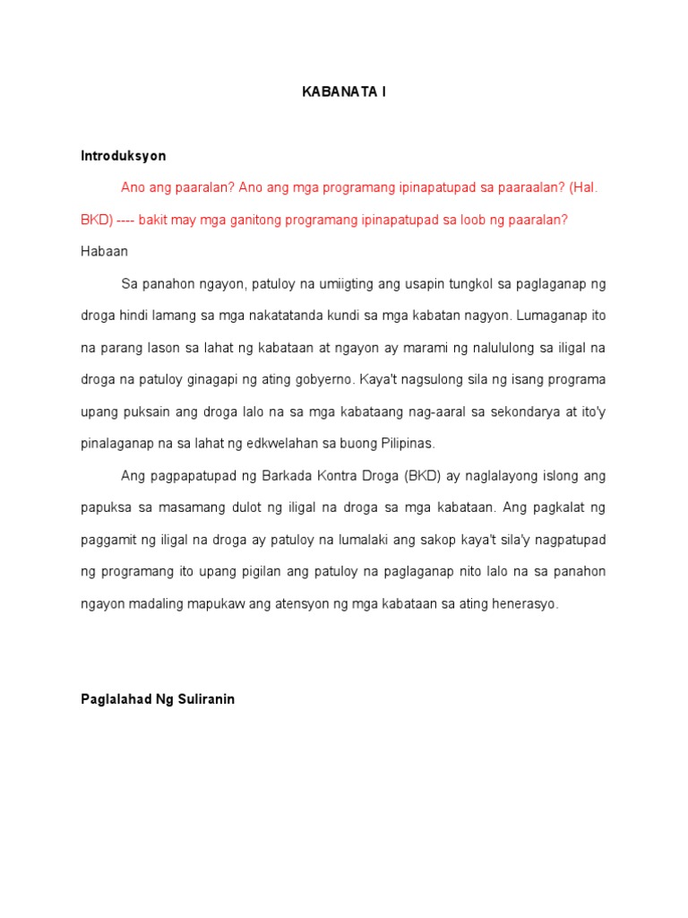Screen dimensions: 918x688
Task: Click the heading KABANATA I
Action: [x=344, y=92]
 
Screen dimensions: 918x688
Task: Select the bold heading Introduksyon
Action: [x=123, y=155]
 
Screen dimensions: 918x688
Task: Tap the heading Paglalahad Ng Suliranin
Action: [x=158, y=699]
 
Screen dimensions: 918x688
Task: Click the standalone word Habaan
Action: [x=104, y=251]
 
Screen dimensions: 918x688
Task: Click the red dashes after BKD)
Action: [x=121, y=220]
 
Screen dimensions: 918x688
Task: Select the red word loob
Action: [x=470, y=220]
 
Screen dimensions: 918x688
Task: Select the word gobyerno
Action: [x=321, y=379]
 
